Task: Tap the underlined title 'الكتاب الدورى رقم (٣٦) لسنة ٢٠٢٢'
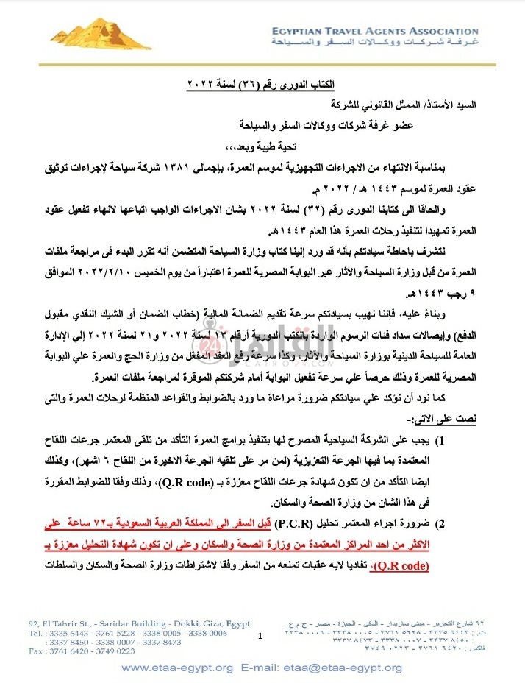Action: click(262, 86)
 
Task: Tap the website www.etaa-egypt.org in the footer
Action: click(176, 668)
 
